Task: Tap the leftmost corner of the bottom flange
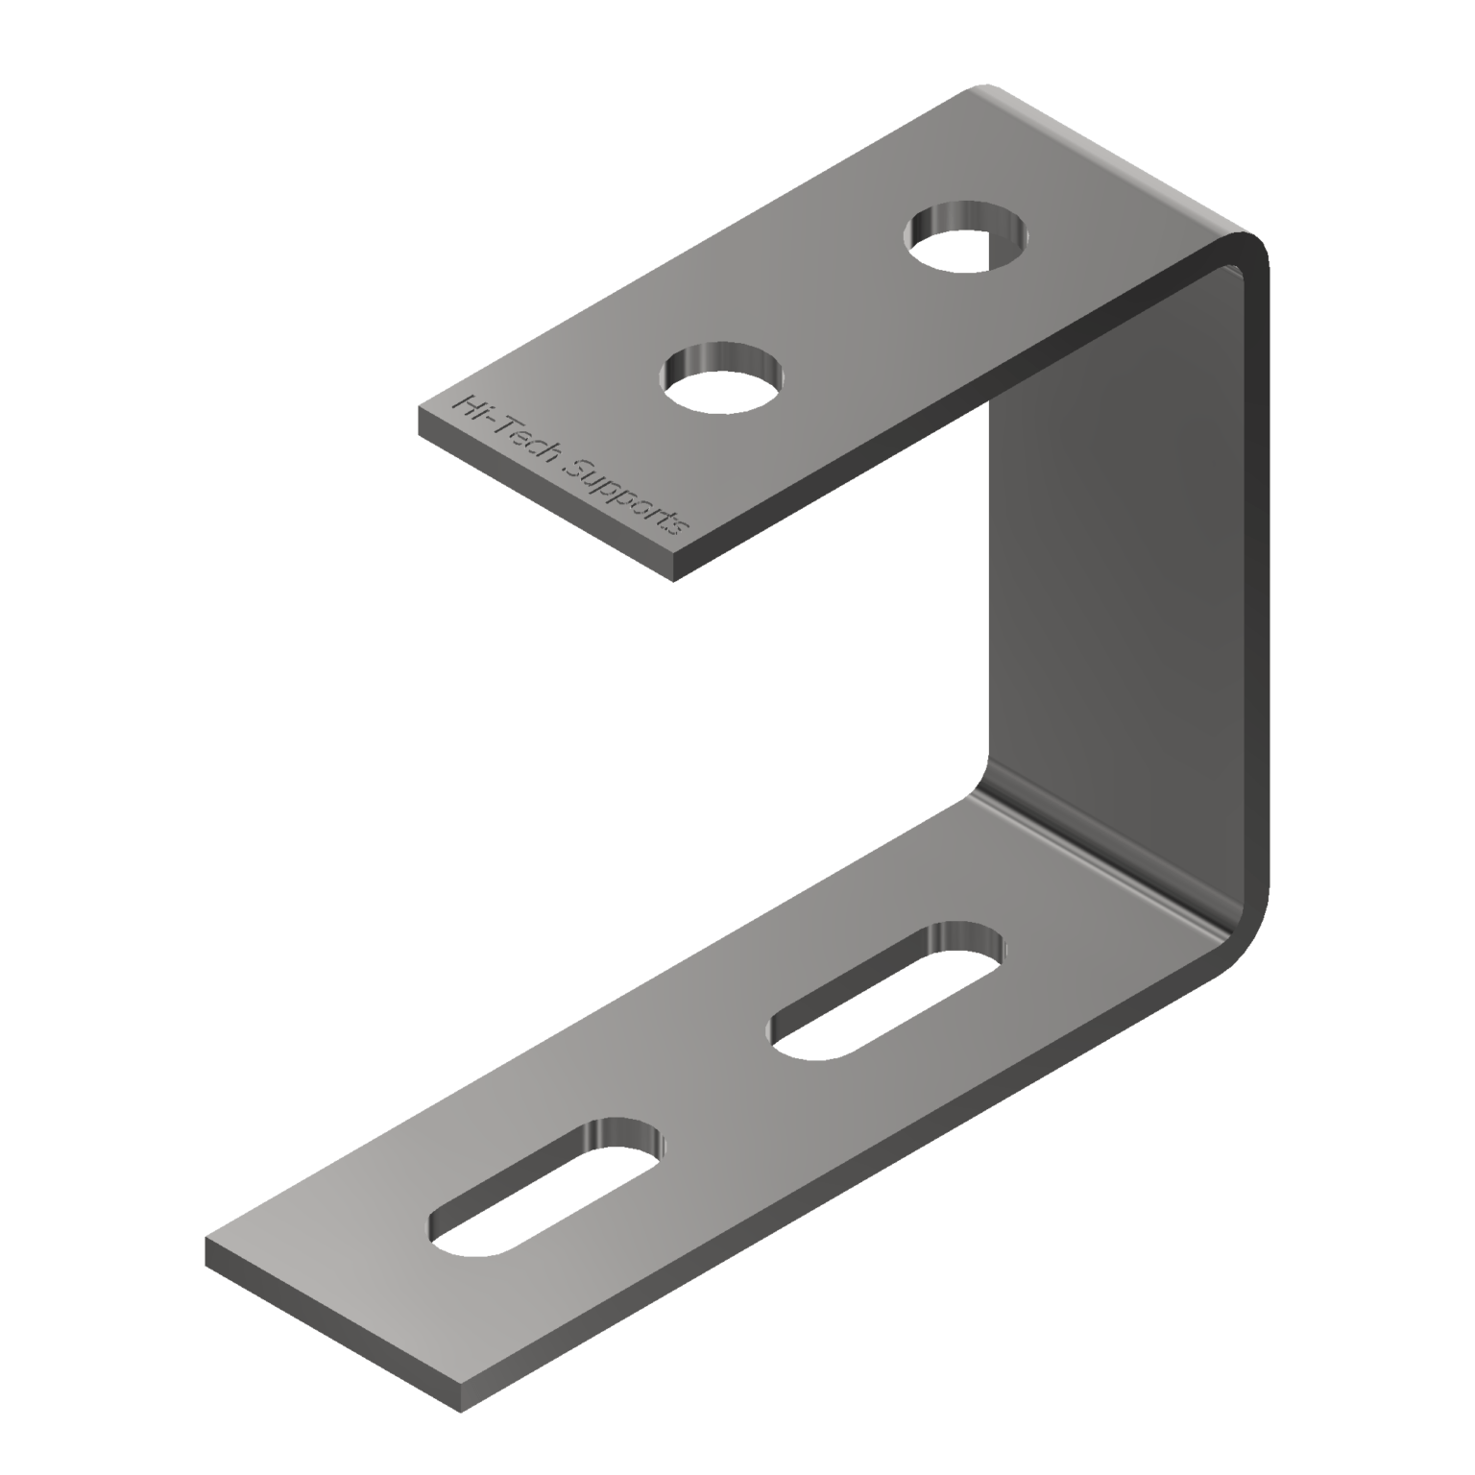click(206, 1240)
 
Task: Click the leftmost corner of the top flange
click(418, 411)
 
